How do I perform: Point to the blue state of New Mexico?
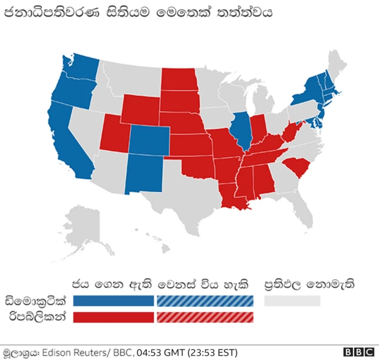tap(143, 175)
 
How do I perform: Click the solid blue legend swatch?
tap(113, 301)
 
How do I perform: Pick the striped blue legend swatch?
tap(204, 301)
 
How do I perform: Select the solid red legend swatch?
tap(113, 317)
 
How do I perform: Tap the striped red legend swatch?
tap(204, 317)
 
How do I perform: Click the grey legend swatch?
tap(292, 301)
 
